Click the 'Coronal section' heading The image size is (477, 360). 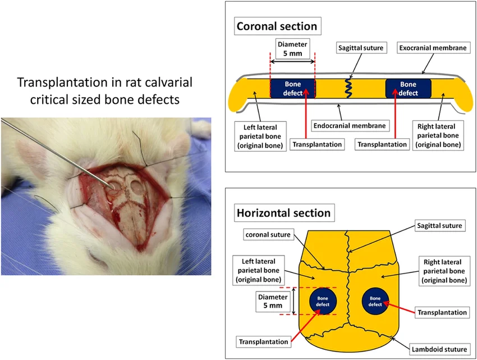pyautogui.click(x=277, y=26)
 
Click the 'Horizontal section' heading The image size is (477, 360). pyautogui.click(x=283, y=213)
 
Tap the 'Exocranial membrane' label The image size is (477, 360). pyautogui.click(x=433, y=48)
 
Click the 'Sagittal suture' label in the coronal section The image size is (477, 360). pyautogui.click(x=361, y=48)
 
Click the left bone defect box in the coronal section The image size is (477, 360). pyautogui.click(x=293, y=88)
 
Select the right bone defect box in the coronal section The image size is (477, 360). pyautogui.click(x=409, y=88)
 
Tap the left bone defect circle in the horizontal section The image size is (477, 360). pyautogui.click(x=323, y=301)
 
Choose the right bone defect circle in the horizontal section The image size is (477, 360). pyautogui.click(x=375, y=301)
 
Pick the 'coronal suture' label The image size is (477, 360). pyautogui.click(x=268, y=235)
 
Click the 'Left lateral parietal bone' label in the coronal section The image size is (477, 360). pyautogui.click(x=256, y=135)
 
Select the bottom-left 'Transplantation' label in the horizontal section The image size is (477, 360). pyautogui.click(x=264, y=341)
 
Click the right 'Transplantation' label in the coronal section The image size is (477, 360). pyautogui.click(x=382, y=144)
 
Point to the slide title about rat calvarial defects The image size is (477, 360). pyautogui.click(x=105, y=90)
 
